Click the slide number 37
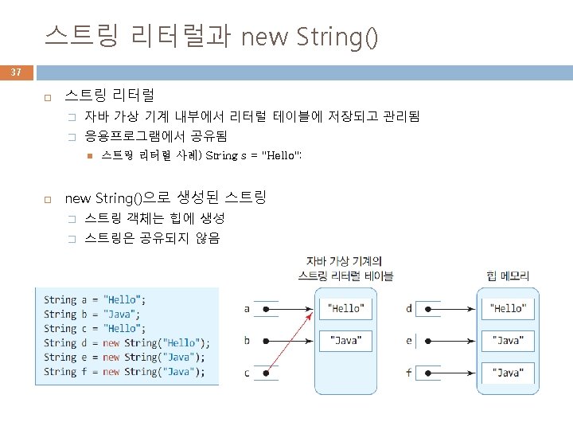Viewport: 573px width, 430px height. tap(16, 72)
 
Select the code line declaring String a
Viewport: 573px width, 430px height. tap(95, 300)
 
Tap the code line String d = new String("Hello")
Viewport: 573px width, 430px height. tap(127, 343)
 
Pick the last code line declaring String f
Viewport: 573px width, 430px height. tap(123, 372)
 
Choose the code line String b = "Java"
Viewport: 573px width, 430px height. tap(92, 315)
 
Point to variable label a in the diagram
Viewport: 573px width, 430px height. tap(247, 308)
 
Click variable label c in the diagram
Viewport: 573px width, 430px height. tap(247, 373)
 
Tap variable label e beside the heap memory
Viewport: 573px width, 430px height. tap(409, 341)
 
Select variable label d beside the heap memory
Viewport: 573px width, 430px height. tap(409, 308)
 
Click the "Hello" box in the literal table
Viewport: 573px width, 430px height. tap(346, 308)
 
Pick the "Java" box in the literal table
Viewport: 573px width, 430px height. tap(346, 341)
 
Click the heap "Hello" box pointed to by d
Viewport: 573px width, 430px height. tap(507, 308)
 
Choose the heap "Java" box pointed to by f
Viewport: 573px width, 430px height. tap(507, 373)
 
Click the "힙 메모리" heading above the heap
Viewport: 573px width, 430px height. tap(508, 276)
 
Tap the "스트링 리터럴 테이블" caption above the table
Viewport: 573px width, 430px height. tap(345, 276)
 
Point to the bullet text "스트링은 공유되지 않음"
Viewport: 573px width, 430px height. tap(152, 238)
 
